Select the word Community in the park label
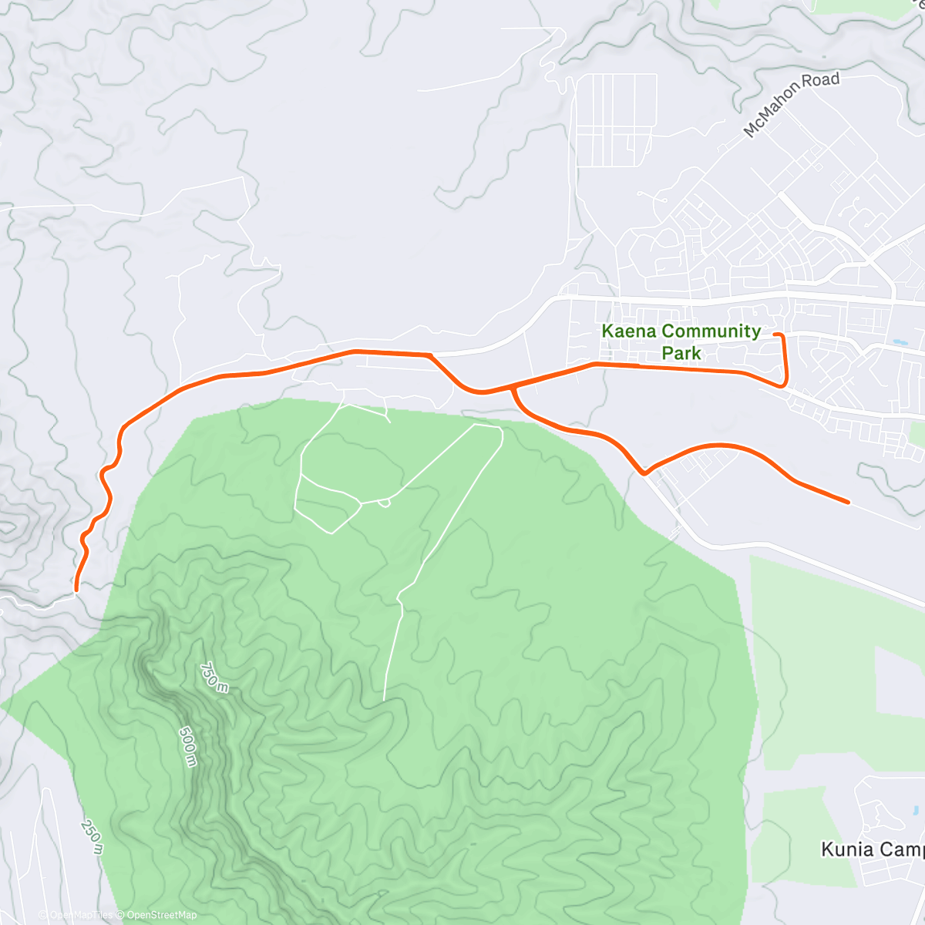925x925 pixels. pyautogui.click(x=712, y=331)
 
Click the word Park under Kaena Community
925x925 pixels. pyautogui.click(x=681, y=354)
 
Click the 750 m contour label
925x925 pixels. pyautogui.click(x=214, y=678)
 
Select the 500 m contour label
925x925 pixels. pyautogui.click(x=187, y=745)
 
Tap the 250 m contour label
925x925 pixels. pyautogui.click(x=91, y=836)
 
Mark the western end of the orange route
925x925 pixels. pyautogui.click(x=76, y=590)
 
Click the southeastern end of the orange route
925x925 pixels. pyautogui.click(x=848, y=503)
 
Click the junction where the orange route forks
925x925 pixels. pyautogui.click(x=512, y=388)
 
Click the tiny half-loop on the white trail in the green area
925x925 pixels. pyautogui.click(x=385, y=503)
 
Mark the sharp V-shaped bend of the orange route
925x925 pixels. pyautogui.click(x=644, y=473)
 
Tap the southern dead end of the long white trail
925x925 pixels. pyautogui.click(x=384, y=700)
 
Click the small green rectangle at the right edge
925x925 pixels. pyautogui.click(x=916, y=434)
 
